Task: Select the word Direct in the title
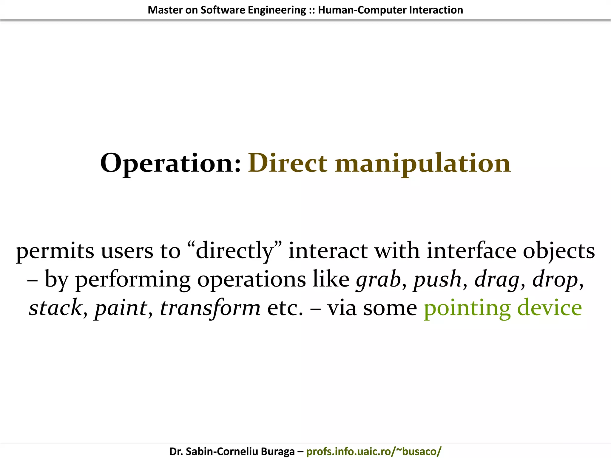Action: (x=288, y=163)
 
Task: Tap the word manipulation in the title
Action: (x=423, y=163)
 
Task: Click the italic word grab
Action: (x=378, y=279)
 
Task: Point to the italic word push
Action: (x=437, y=279)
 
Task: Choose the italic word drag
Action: (x=497, y=279)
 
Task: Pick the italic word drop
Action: (x=555, y=279)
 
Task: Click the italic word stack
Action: (x=55, y=308)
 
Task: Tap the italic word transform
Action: (x=210, y=308)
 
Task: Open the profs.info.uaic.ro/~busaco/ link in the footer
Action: (x=374, y=451)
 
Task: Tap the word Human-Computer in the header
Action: (x=362, y=10)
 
